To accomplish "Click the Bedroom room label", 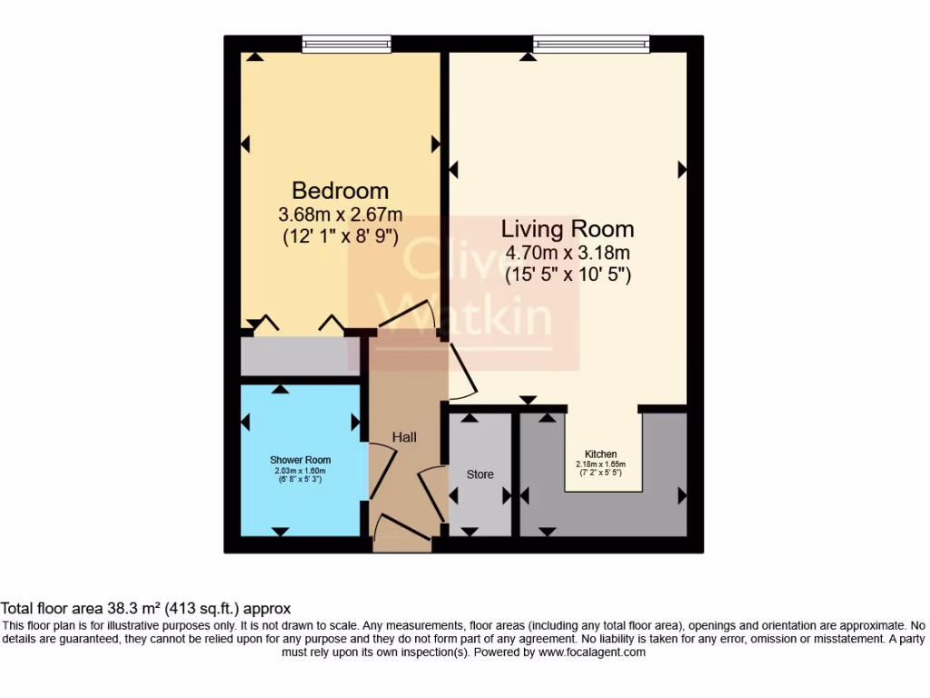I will (340, 191).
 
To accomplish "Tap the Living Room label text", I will (568, 229).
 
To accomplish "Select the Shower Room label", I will (300, 460).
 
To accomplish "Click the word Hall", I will (404, 437).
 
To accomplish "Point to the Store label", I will (480, 474).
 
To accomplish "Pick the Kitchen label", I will (600, 454).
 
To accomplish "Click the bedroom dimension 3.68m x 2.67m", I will (340, 215).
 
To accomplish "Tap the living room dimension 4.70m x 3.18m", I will (568, 253).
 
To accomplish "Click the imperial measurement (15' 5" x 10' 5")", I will (568, 273).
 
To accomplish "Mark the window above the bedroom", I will (346, 43).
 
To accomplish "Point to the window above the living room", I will (591, 43).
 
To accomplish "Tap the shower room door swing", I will (381, 464).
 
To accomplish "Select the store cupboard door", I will (434, 492).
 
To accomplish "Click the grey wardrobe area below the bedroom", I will (299, 356).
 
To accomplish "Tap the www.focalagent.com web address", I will (591, 652).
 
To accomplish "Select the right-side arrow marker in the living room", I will (682, 169).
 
